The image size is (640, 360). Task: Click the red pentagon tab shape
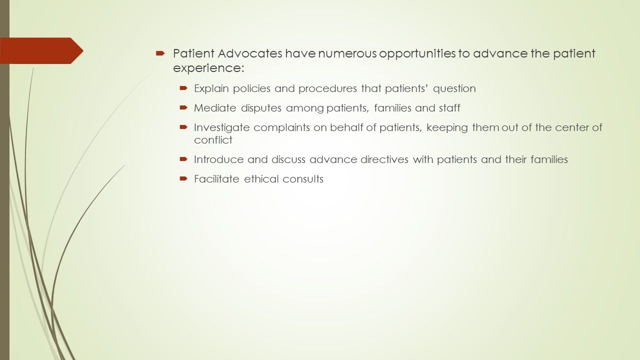pos(41,50)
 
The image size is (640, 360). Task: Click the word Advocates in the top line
pos(250,53)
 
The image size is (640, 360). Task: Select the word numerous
pos(347,54)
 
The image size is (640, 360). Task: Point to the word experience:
pos(208,68)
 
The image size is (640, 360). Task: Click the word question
pos(454,89)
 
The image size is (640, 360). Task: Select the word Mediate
pos(215,108)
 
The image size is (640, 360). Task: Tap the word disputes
pos(261,108)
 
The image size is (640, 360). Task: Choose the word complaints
pos(281,127)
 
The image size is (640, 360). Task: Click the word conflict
pos(213,140)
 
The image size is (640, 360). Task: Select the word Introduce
pos(219,159)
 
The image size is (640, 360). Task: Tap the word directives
pos(384,159)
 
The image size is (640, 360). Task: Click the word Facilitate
pos(216,179)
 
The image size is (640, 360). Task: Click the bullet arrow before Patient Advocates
pos(160,53)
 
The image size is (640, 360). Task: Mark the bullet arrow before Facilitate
pos(183,178)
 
